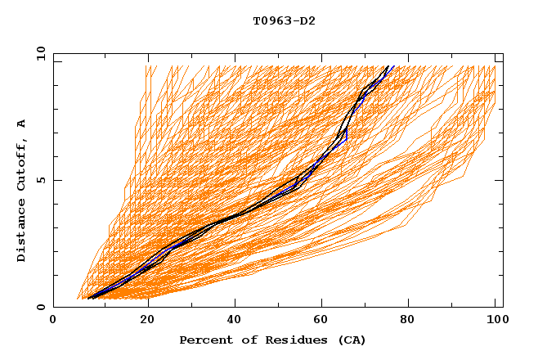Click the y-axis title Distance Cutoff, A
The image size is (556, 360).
pyautogui.click(x=21, y=191)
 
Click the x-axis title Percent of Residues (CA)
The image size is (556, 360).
pyautogui.click(x=272, y=340)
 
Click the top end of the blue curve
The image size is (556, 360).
pyautogui.click(x=393, y=66)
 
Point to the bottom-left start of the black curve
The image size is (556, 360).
pyautogui.click(x=88, y=298)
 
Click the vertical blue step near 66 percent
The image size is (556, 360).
pyautogui.click(x=347, y=134)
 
